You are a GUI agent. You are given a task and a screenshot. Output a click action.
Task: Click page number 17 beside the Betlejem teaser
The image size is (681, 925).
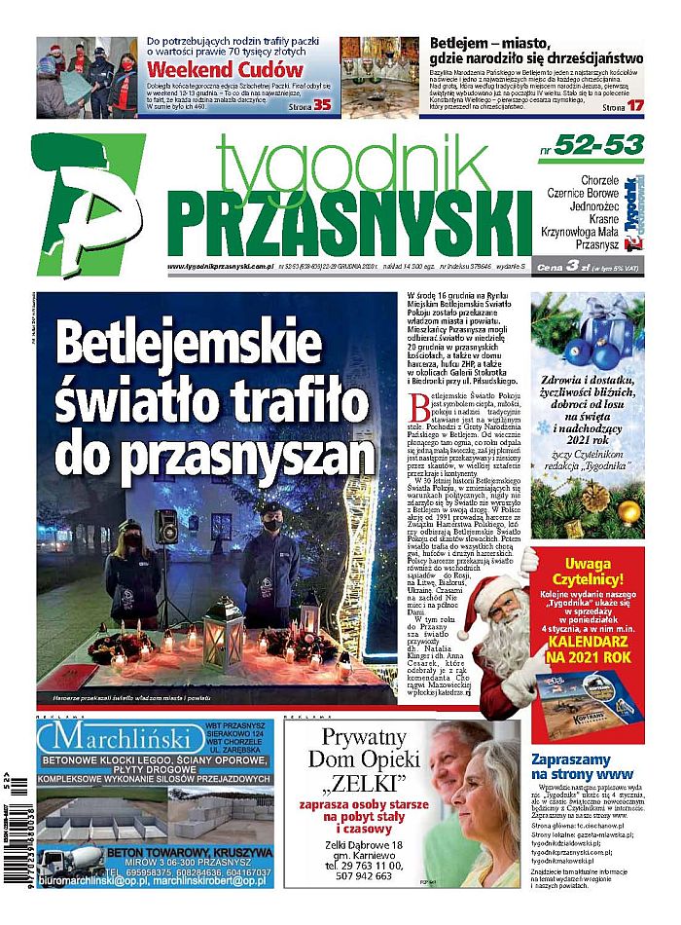coord(634,105)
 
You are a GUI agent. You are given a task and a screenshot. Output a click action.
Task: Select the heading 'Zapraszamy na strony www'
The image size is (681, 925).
coord(583,766)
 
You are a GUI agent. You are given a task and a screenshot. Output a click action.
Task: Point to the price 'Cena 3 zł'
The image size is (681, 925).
coord(565,267)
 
